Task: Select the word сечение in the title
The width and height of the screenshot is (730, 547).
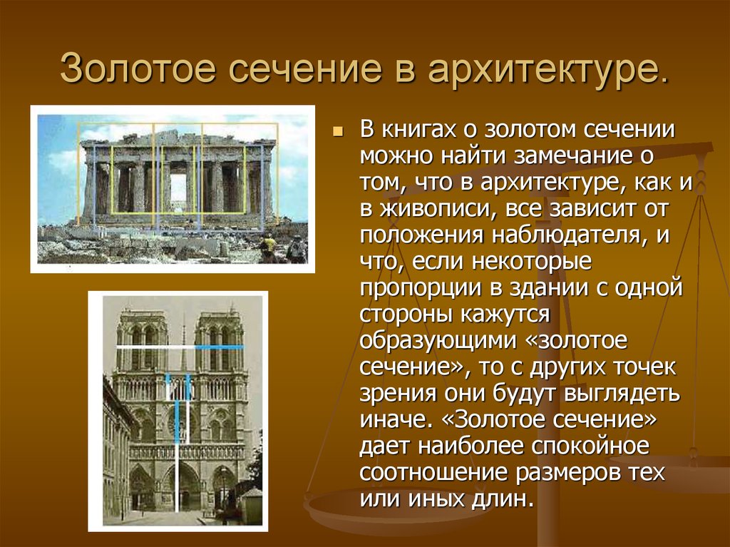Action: click(x=305, y=69)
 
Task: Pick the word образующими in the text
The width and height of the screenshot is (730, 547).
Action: click(x=438, y=341)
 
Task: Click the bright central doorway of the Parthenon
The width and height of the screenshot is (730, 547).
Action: click(x=178, y=186)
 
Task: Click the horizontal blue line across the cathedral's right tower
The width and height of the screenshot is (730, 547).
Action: click(x=219, y=347)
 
